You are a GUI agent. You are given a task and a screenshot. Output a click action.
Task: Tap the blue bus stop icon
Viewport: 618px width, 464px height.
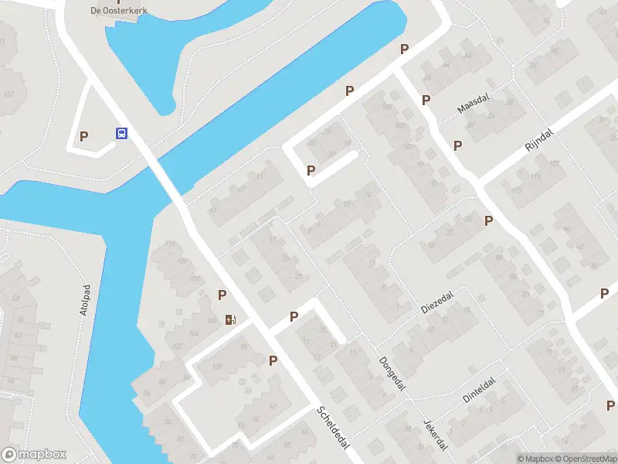pos(122,133)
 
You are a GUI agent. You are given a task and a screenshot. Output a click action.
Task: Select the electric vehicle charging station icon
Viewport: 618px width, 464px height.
pos(230,319)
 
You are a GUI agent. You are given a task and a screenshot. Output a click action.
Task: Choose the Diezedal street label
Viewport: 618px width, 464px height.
pos(436,302)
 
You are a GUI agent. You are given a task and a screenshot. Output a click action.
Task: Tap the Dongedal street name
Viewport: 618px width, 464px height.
pos(392,373)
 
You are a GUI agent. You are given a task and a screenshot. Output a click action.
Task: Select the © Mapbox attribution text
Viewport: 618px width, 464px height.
pos(534,459)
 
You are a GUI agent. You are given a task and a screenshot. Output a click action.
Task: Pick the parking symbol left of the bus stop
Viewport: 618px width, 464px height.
pos(84,136)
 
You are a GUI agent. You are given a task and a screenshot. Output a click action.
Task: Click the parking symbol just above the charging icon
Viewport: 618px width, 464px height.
pos(222,294)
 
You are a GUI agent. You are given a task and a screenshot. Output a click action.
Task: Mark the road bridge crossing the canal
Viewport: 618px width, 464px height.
pos(164,179)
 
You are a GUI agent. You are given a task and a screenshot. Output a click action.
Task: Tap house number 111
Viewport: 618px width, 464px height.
pos(169,245)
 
